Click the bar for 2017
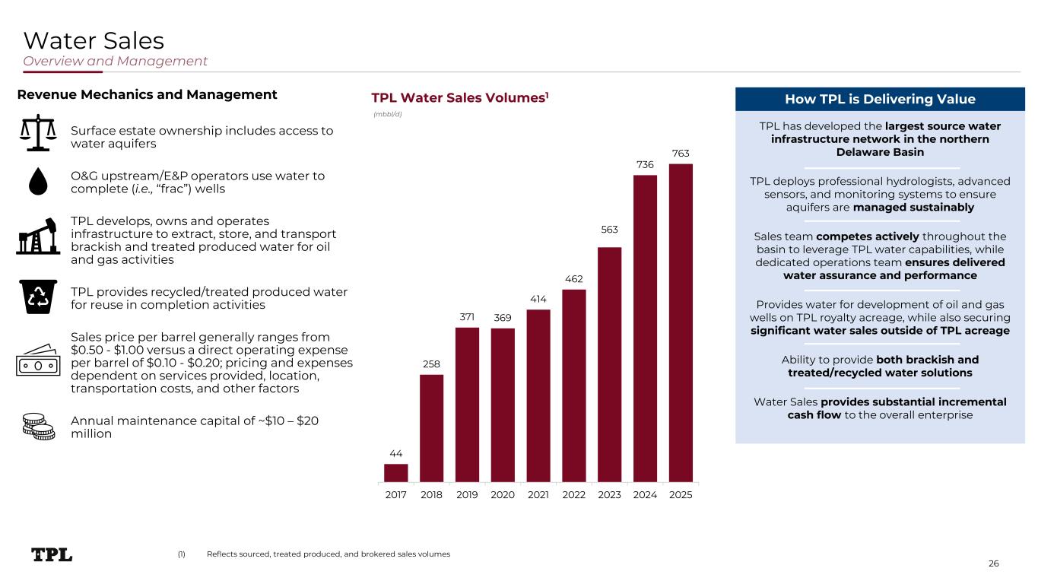396,473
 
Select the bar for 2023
610,365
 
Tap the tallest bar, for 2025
681,323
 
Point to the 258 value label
431,365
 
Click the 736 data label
645,165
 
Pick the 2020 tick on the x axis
503,495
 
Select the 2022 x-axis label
574,495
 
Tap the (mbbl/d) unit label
387,114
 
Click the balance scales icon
38,129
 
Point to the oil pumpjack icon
38,235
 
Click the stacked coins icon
38,427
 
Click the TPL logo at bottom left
52,554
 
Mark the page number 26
993,563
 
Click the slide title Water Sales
94,40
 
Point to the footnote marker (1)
181,554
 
